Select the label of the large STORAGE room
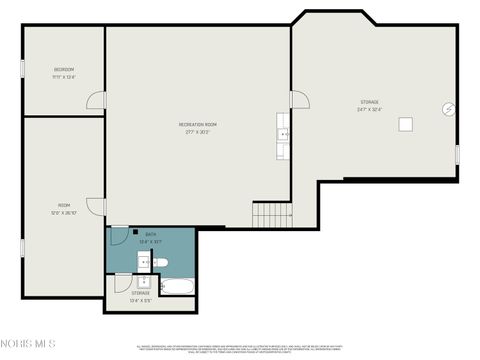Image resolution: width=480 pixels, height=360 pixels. point(370,104)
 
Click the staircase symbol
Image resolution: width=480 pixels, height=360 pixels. point(271,213)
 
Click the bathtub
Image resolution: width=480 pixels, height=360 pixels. point(178,288)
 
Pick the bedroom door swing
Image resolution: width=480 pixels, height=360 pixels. point(96,101)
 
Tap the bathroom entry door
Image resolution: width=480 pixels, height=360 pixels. point(116,239)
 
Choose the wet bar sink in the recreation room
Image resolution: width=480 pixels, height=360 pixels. point(283,134)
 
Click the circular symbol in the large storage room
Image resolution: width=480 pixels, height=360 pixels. point(449,108)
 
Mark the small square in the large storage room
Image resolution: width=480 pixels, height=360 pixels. point(405,123)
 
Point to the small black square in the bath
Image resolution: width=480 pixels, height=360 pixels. point(136,231)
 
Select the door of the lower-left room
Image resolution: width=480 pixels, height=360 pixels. point(96,206)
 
